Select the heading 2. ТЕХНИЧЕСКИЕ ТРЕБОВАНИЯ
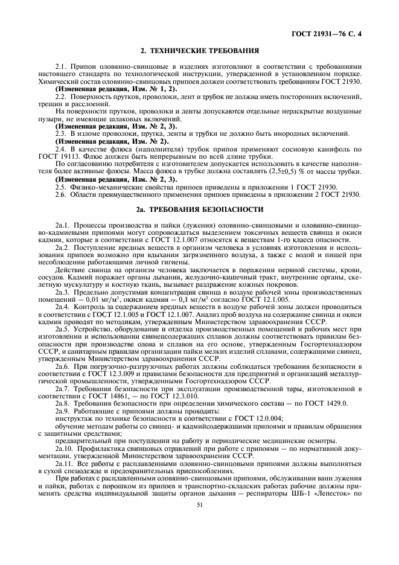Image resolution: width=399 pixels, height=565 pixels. (x=199, y=51)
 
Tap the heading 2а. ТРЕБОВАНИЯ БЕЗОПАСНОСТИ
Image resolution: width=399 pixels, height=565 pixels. (x=199, y=209)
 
